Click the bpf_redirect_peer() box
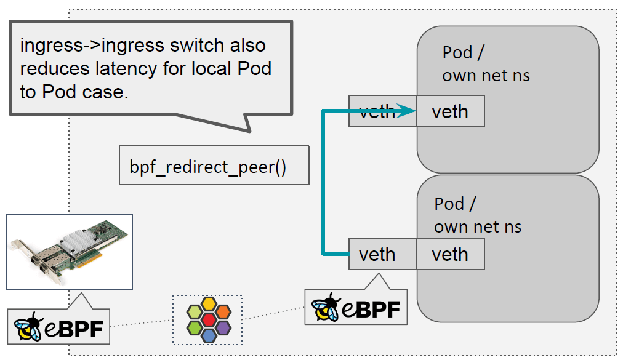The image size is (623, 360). [213, 165]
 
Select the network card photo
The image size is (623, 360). [70, 252]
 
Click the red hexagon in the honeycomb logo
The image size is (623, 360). [209, 319]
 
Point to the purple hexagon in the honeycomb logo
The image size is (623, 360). [223, 327]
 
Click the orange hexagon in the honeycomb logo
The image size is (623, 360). [209, 303]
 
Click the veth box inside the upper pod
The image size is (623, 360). [450, 111]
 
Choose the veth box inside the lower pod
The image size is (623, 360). [450, 254]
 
